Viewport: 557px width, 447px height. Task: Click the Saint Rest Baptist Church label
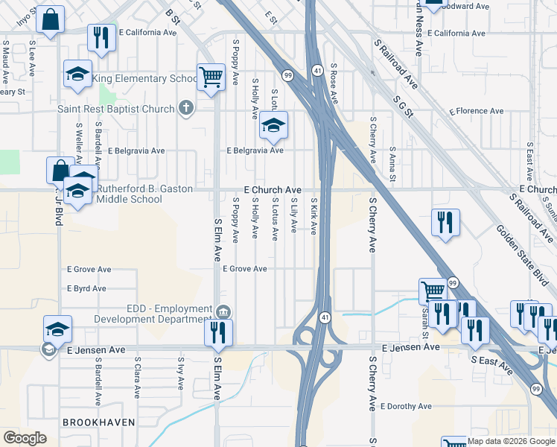pos(115,110)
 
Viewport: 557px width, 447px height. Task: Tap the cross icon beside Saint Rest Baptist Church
pos(186,110)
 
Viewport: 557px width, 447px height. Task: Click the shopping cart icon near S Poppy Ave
pos(211,76)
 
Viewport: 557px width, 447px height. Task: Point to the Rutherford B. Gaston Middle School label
pos(130,194)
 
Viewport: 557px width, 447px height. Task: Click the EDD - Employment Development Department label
pos(153,314)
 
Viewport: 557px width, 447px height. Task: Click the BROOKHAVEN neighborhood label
pos(99,422)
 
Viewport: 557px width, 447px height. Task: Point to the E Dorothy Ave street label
pos(406,407)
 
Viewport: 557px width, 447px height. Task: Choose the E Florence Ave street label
pos(476,111)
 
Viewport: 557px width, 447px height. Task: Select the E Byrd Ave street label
pos(86,288)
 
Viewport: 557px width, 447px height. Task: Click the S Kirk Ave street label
pos(313,217)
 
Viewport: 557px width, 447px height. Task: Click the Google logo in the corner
pos(25,437)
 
